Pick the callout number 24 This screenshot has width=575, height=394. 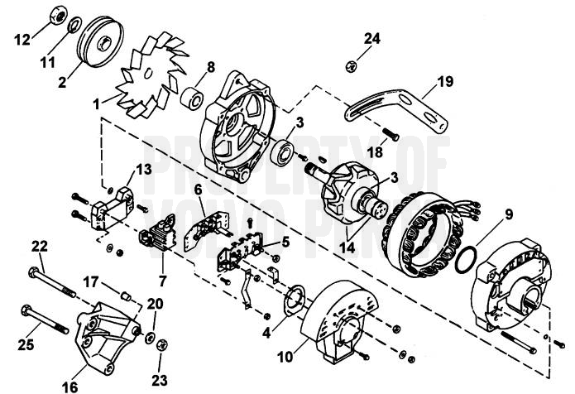372,38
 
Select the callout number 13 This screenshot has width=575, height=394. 144,169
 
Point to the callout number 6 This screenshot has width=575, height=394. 199,190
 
